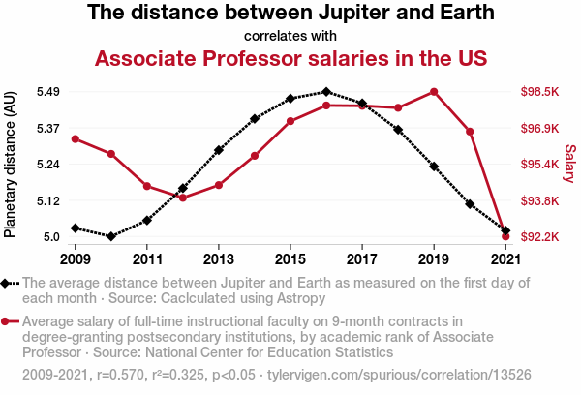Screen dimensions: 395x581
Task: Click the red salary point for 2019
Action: click(434, 92)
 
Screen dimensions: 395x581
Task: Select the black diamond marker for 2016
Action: click(326, 92)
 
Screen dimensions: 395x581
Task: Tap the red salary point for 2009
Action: click(76, 138)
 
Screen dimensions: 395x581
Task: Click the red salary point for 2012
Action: click(183, 197)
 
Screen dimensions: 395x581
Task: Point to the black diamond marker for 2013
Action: click(219, 150)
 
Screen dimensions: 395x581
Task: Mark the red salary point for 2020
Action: click(470, 131)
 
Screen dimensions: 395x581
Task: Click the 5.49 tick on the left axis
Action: click(47, 92)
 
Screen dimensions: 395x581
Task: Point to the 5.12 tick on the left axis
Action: click(47, 200)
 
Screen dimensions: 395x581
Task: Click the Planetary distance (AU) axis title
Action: click(11, 165)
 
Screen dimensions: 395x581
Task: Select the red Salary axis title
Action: click(569, 165)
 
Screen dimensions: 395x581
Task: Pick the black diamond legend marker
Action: click(10, 283)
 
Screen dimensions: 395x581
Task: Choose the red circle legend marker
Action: click(10, 322)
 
